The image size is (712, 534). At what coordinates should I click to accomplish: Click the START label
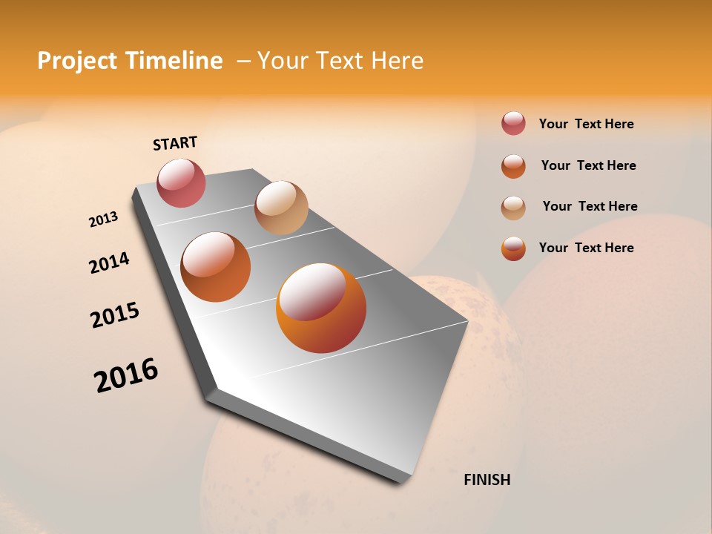tap(175, 143)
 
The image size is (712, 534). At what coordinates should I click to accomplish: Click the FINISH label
tap(487, 480)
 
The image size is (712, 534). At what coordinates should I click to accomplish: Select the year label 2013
tap(103, 220)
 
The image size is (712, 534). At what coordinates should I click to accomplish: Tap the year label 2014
tap(109, 263)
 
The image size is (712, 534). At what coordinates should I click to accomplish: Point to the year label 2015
tap(115, 315)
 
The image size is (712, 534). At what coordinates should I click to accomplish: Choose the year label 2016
tap(126, 375)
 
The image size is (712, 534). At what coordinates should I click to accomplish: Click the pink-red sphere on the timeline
tap(181, 182)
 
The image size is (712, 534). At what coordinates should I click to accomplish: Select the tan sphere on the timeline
tap(281, 207)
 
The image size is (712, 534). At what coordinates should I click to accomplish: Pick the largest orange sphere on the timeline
tap(321, 308)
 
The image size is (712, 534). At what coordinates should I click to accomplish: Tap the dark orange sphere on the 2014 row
tap(216, 267)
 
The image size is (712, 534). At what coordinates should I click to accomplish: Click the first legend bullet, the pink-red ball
tap(513, 124)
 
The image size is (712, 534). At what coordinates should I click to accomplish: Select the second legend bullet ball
tap(513, 166)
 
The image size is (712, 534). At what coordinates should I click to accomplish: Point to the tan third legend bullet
tap(513, 208)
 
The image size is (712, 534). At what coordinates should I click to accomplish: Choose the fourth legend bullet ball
tap(513, 248)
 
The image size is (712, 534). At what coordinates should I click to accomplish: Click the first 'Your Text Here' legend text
tap(586, 124)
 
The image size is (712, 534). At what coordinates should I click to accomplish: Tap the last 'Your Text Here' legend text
tap(586, 248)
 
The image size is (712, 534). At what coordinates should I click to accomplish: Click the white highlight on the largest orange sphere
tap(311, 292)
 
